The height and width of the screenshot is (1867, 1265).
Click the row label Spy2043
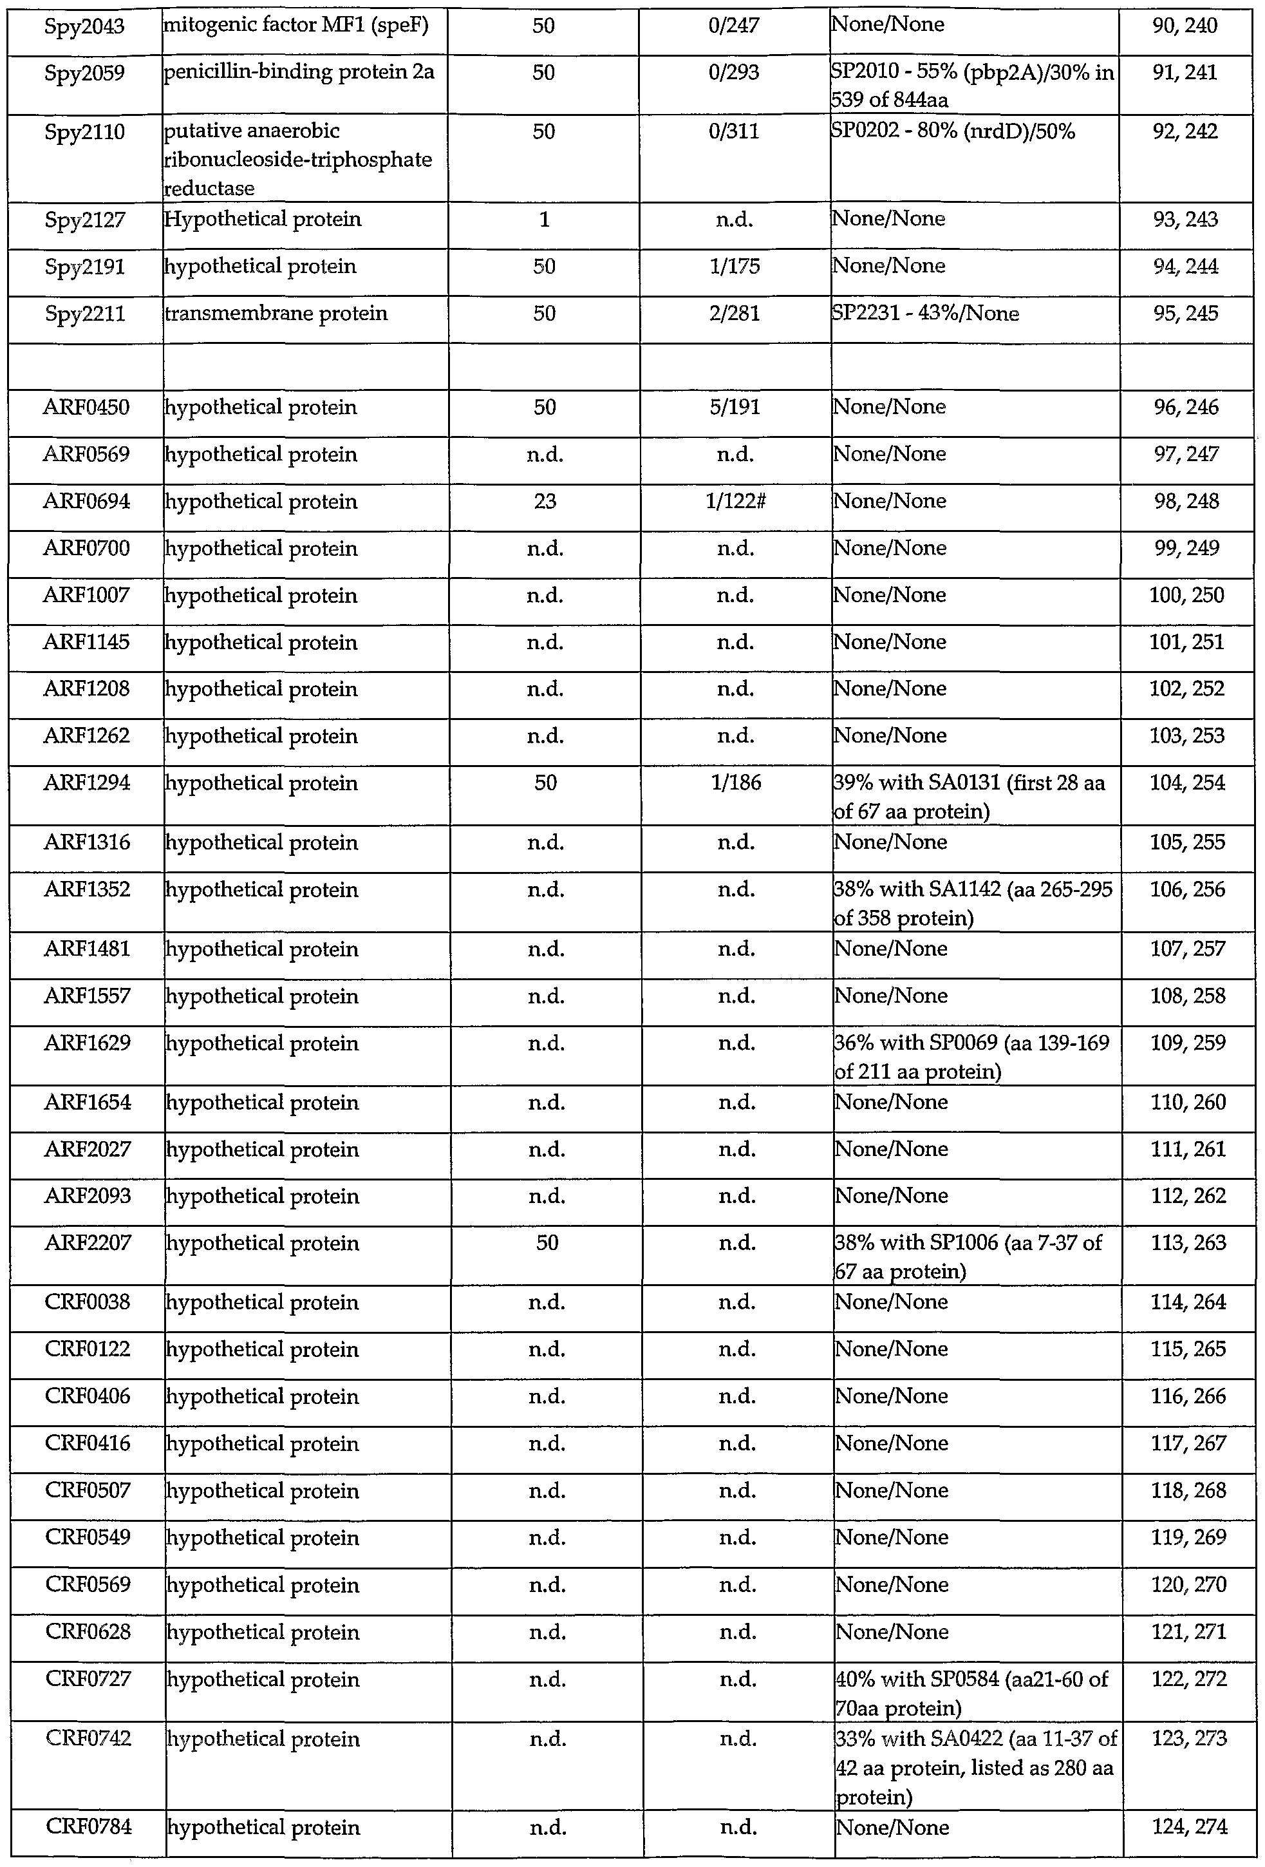84,26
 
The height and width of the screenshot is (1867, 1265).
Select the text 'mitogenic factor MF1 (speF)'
295,26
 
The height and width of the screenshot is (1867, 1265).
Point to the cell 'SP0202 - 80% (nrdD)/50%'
953,132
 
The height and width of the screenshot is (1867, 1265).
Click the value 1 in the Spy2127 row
544,220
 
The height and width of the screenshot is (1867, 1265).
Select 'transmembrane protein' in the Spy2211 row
276,313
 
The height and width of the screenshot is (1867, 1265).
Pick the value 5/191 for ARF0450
735,407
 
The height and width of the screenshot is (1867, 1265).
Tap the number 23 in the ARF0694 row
545,501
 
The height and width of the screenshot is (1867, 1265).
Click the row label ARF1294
87,783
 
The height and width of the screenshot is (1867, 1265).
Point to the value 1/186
736,783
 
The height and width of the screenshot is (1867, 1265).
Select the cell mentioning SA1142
973,903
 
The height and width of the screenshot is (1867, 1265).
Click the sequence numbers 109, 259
1187,1043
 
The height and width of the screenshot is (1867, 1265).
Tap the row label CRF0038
87,1302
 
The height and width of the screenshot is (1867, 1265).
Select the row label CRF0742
88,1739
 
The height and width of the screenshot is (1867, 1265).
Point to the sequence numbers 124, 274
1188,1828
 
